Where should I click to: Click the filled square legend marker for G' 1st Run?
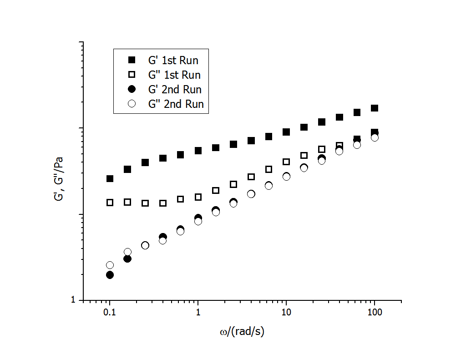132,60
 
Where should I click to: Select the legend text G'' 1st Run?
174,75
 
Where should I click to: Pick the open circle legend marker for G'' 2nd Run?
132,104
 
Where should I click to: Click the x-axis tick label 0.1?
109,314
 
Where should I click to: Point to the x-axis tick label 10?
286,314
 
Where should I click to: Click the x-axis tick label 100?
374,314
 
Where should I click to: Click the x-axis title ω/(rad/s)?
242,332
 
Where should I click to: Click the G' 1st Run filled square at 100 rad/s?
375,108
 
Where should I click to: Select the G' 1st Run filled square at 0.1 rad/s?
110,178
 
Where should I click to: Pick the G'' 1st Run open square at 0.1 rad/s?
110,202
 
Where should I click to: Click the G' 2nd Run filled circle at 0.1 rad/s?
110,275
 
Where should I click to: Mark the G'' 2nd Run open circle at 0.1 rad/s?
110,265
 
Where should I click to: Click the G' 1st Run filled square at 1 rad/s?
198,151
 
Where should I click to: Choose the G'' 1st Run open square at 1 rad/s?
198,197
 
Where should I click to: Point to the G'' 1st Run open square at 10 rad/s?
286,162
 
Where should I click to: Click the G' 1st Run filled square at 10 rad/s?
286,132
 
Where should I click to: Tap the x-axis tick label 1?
198,314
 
